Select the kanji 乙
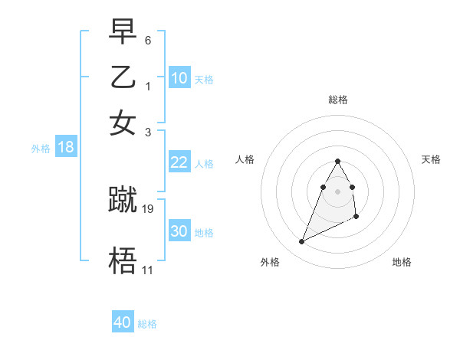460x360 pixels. (123, 77)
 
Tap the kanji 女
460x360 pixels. (123, 123)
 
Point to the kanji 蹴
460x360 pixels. (123, 199)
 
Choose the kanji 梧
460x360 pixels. (123, 261)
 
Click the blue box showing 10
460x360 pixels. (179, 78)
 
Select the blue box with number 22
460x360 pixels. (179, 162)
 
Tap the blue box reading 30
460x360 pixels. (179, 231)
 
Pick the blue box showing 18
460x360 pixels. (65, 148)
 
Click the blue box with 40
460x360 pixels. (122, 322)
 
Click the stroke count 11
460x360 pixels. (147, 270)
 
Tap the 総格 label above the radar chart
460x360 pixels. (337, 100)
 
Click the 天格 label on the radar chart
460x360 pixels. (431, 159)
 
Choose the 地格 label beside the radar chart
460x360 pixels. (402, 262)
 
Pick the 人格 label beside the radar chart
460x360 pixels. (245, 159)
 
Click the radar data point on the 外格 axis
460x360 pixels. (301, 242)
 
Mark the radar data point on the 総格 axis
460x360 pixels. (337, 161)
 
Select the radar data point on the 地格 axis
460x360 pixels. (357, 218)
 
